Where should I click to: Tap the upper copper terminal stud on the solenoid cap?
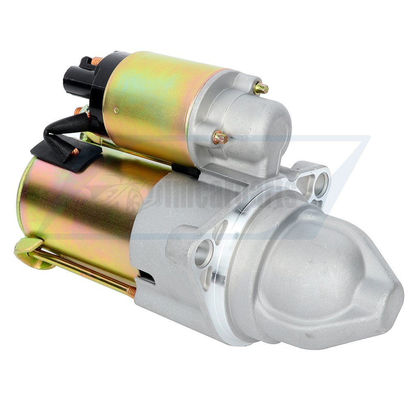98,61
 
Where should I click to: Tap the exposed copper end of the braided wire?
75,152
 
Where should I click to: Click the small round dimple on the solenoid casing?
116,110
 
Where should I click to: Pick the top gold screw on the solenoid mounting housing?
260,88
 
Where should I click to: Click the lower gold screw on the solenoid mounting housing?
220,138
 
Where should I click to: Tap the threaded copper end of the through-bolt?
132,292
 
